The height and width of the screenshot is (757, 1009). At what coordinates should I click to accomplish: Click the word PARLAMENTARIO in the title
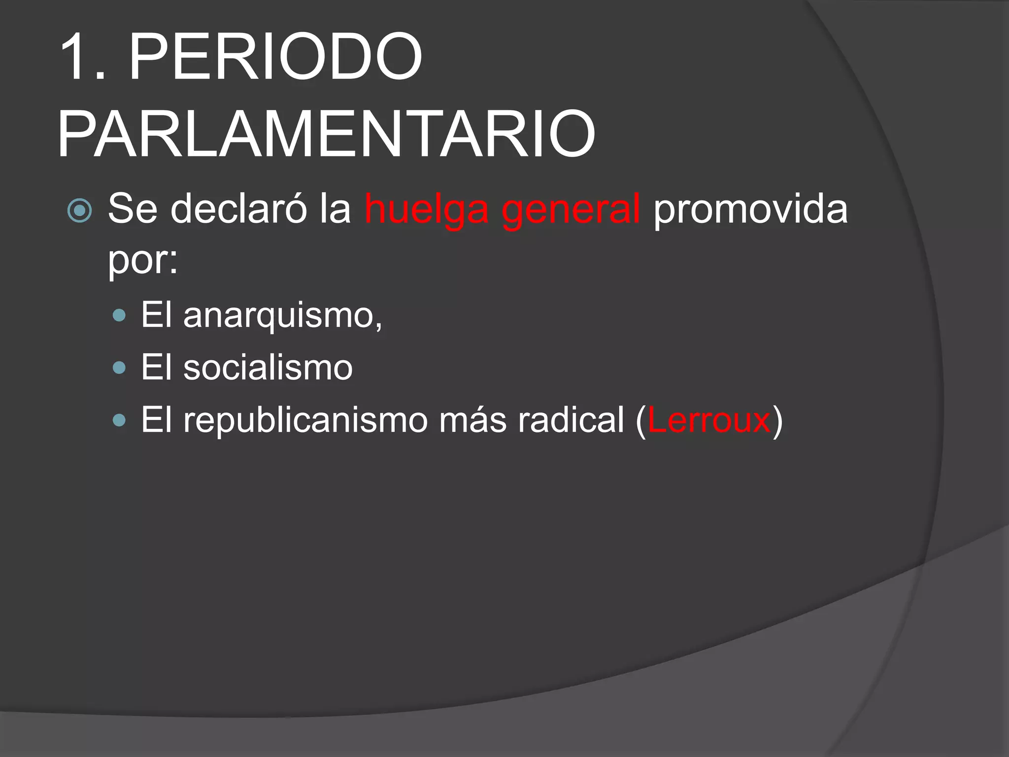coord(326,135)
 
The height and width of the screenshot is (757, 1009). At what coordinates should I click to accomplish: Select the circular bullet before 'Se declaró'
coord(79,211)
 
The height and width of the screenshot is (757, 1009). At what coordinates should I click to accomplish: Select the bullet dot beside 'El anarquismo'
coord(119,315)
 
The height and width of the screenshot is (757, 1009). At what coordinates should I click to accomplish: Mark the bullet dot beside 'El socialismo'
coord(119,368)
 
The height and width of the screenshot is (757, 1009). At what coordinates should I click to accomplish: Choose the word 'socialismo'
coord(268,368)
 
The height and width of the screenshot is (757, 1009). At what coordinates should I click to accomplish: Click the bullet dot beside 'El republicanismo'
coord(119,420)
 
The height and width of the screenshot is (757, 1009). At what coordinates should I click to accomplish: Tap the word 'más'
coord(473,420)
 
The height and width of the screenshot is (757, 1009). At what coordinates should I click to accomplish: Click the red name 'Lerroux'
coord(708,420)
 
